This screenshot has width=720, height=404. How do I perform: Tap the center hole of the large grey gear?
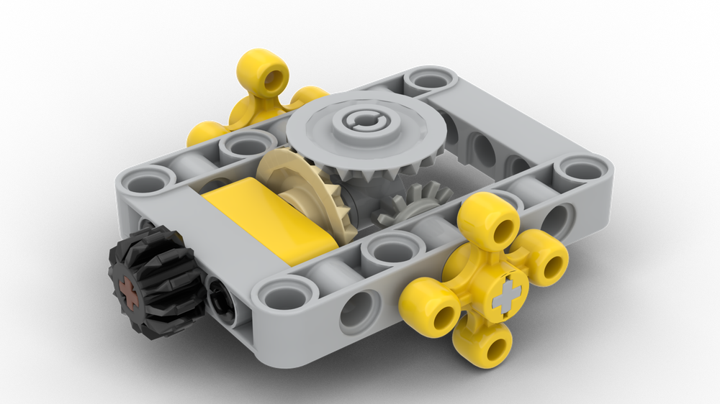click(x=359, y=124)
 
